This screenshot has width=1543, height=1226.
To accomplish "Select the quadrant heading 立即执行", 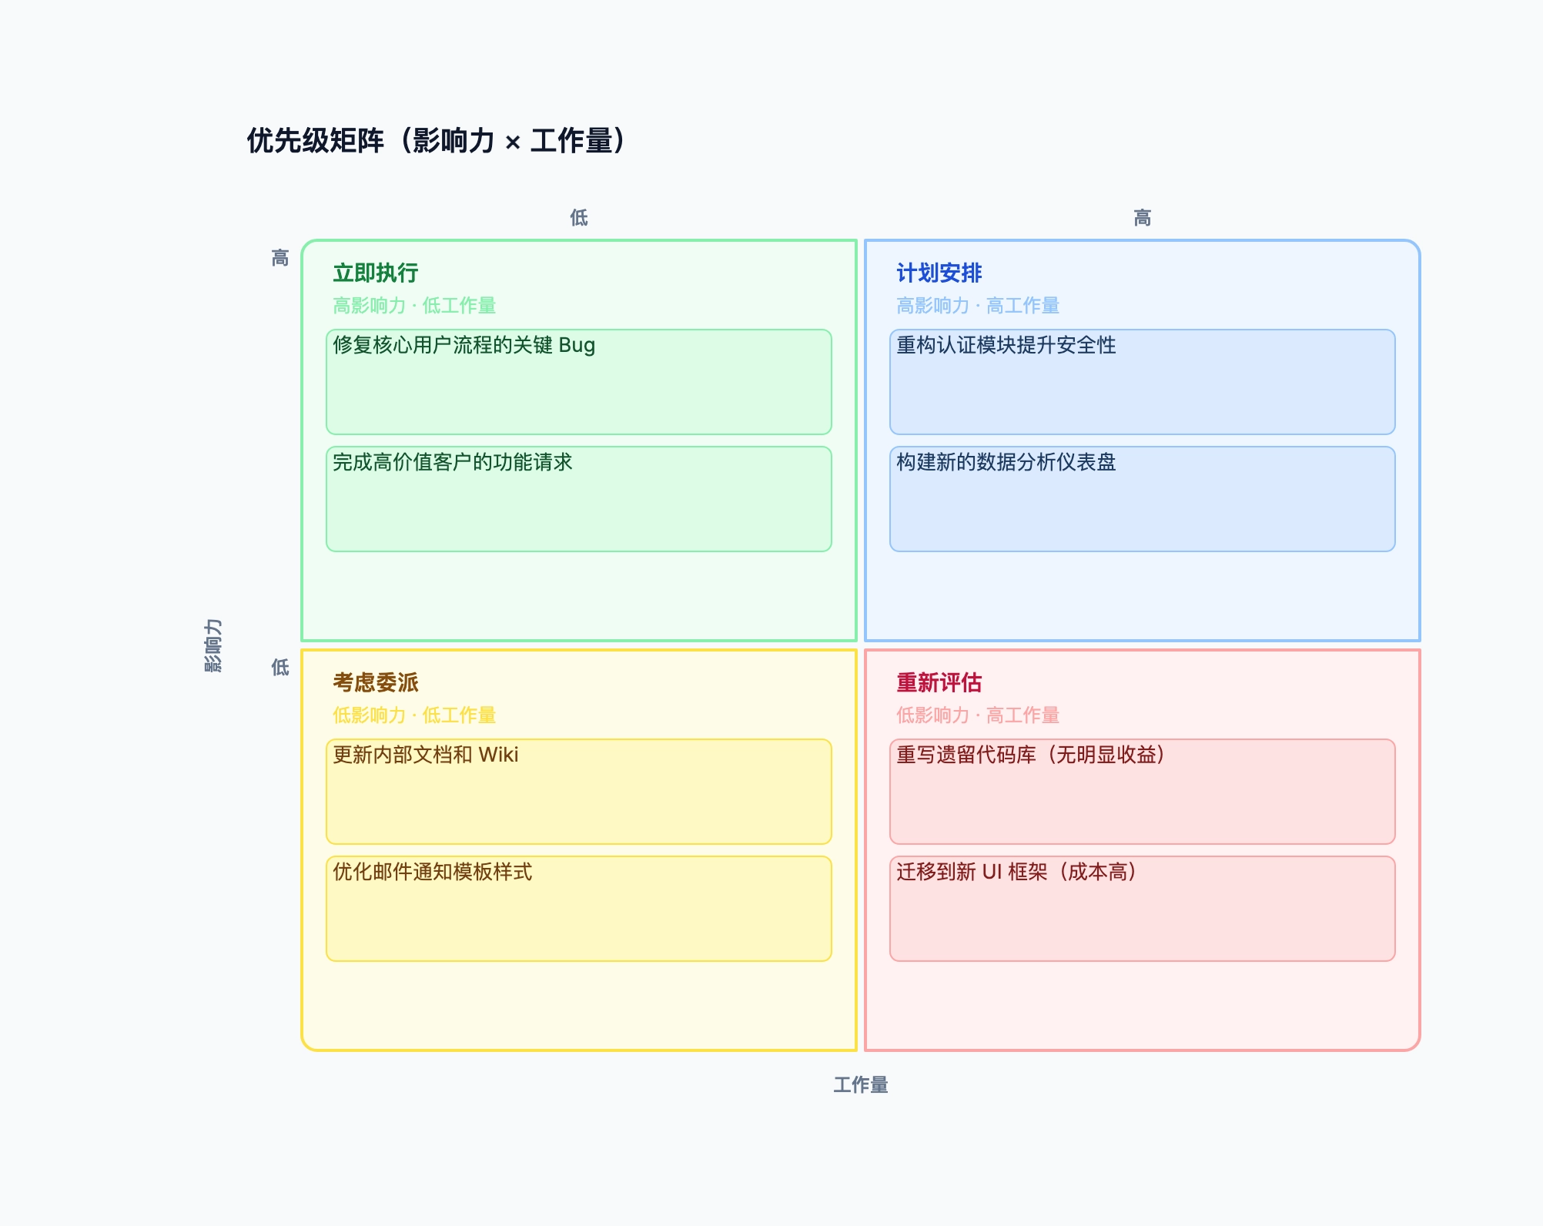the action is point(376,273).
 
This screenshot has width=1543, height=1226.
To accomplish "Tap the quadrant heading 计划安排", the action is point(939,273).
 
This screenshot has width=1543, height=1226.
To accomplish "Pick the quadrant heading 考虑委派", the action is point(376,682).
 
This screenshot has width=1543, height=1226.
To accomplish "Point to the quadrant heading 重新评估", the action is point(939,682).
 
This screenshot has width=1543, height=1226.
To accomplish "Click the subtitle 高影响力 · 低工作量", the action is point(414,306).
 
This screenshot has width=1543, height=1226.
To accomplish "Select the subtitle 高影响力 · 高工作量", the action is point(978,306).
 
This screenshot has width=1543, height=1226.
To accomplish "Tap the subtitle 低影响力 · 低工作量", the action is point(414,715).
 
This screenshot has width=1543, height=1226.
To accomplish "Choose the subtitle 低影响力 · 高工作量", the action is point(978,715).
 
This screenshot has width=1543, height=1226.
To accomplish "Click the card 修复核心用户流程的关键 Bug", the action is point(579,382).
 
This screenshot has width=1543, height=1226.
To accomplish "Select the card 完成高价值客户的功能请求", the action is point(579,499).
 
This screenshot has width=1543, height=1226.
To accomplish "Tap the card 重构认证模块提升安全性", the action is point(1143,382).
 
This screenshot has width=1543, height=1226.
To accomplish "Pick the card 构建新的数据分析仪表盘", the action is point(1143,499).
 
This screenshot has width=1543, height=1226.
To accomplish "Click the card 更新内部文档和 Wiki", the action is point(579,792).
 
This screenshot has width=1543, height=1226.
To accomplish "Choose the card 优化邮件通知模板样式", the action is point(579,909).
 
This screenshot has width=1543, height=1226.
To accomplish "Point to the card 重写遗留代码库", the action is point(1143,792).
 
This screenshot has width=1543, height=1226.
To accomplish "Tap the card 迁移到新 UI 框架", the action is point(1143,909).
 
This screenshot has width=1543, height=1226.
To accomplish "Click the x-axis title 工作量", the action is point(861,1085).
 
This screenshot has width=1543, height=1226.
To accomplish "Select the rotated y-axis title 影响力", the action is point(213,645).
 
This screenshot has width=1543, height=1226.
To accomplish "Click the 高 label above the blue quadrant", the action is point(1143,218).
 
